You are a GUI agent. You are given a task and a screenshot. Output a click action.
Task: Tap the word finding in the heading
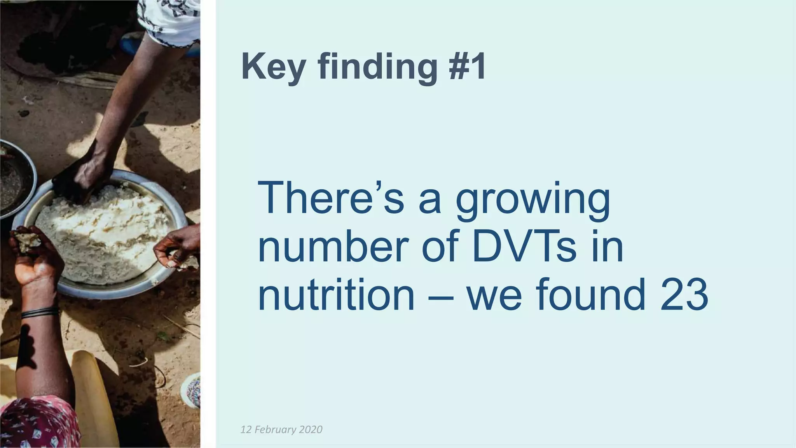click(377, 67)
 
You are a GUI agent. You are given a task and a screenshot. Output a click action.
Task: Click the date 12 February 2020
click(281, 429)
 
